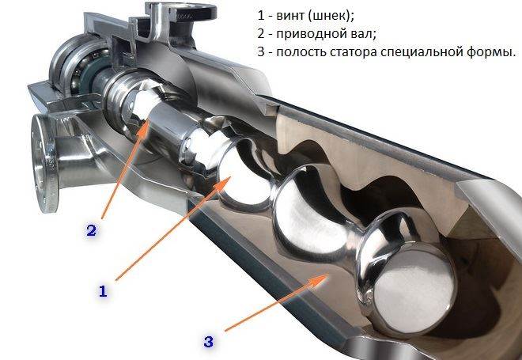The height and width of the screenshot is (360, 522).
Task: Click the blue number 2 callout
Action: click(x=91, y=230)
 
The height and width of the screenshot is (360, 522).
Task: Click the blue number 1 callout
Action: click(x=103, y=291)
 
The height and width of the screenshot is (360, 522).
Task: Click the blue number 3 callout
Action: click(x=208, y=342)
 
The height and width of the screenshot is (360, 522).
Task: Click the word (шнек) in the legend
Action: click(x=329, y=16)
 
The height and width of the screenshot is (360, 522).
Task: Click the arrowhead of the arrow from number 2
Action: click(x=146, y=125)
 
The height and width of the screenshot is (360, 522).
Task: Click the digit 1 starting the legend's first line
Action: click(x=260, y=16)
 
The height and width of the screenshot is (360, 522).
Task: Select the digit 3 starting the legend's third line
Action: click(x=260, y=53)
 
